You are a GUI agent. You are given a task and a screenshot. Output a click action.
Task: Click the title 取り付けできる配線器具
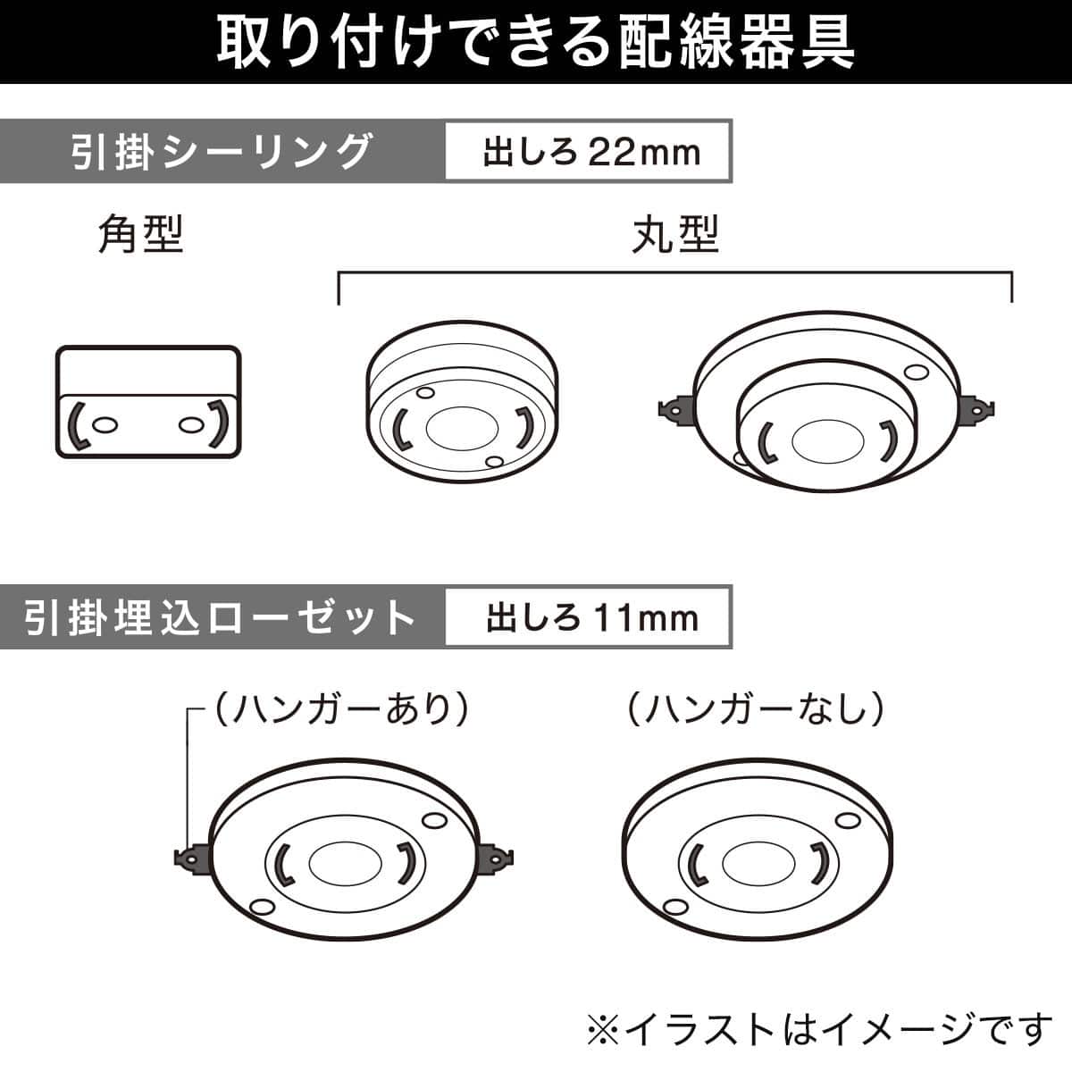coord(536,41)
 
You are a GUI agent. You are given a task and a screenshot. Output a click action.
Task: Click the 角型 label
coord(140,236)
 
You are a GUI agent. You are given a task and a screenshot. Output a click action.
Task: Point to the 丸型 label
coord(674,236)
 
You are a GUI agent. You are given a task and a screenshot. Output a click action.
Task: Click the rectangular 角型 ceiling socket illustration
coord(148,402)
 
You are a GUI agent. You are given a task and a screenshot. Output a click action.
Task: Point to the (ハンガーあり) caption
coord(339,711)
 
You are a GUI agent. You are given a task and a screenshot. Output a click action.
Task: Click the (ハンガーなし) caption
coord(755,711)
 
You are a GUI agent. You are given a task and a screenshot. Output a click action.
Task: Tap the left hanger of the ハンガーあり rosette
coord(190,858)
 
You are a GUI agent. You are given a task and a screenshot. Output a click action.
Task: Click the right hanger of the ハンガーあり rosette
coord(498,858)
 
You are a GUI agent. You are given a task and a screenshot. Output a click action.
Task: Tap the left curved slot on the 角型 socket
coord(78,426)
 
